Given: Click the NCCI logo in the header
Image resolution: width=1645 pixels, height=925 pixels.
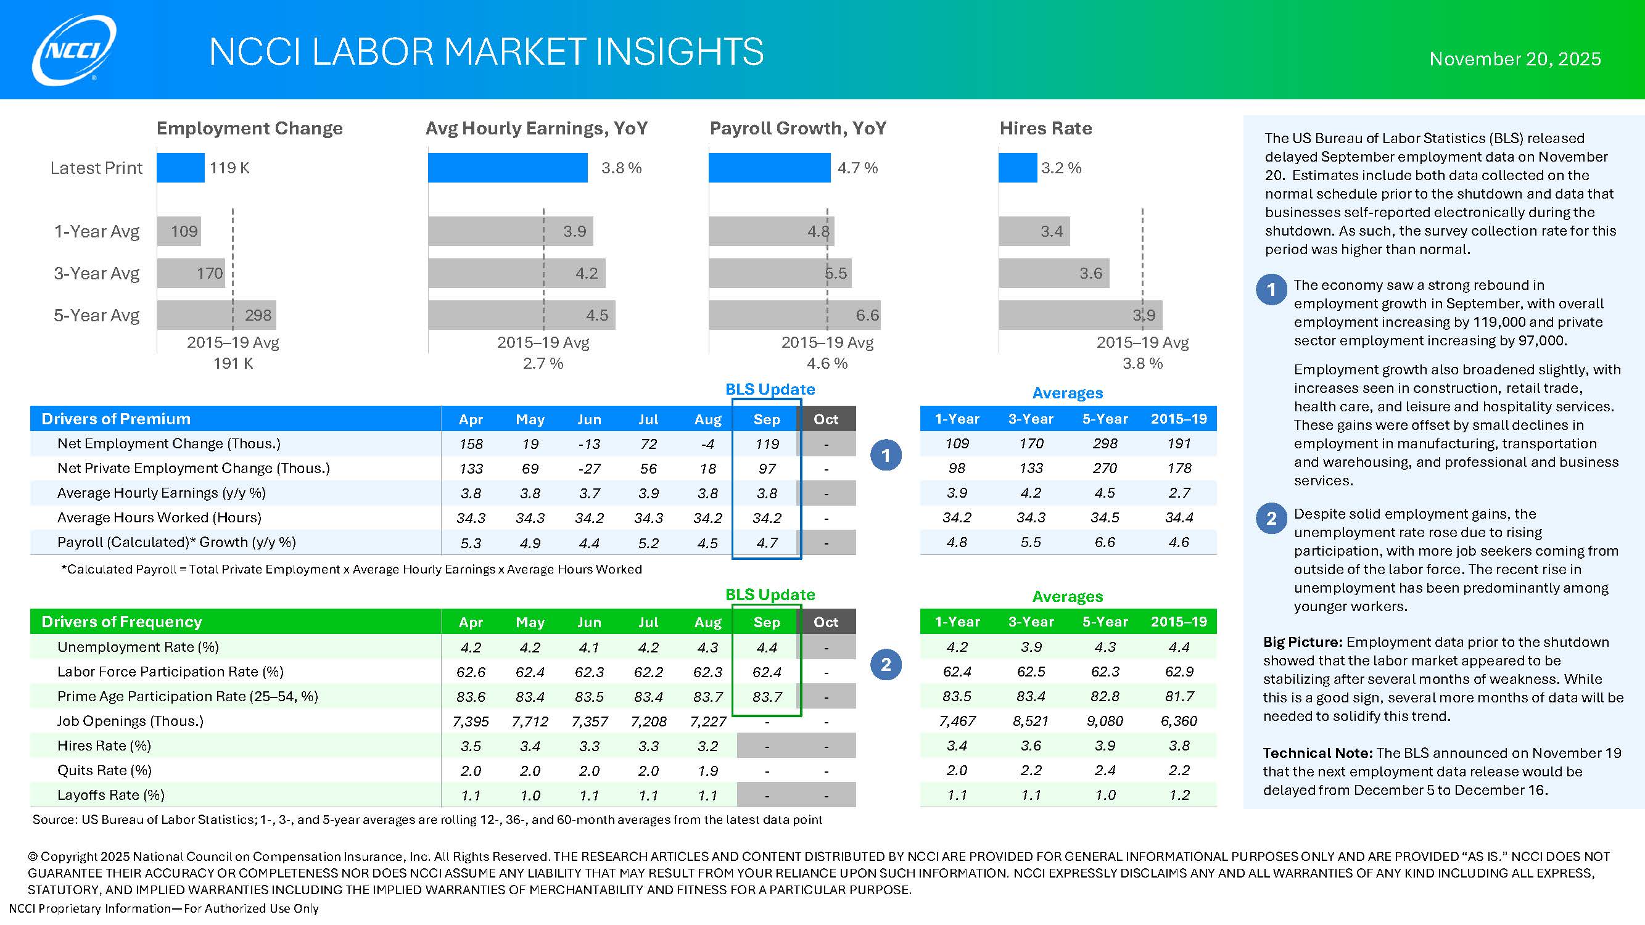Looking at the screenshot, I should [x=74, y=51].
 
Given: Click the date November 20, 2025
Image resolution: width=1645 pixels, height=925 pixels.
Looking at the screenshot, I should [x=1515, y=59].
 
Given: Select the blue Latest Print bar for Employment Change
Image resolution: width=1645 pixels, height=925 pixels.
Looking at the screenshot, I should [x=181, y=168].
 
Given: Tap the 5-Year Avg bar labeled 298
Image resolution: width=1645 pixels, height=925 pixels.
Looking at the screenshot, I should [x=216, y=314].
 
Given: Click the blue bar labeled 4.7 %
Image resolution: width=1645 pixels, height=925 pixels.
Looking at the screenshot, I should [x=770, y=168].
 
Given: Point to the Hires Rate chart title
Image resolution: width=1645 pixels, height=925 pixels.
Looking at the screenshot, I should [x=1045, y=128].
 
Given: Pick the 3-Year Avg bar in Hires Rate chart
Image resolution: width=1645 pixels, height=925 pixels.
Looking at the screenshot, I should [x=1053, y=273].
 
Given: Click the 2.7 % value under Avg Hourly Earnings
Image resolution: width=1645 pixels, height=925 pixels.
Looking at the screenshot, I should [x=543, y=363].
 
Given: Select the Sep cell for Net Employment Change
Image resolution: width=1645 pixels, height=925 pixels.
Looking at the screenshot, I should [x=766, y=443].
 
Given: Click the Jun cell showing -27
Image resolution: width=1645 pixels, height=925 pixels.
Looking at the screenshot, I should [x=589, y=469].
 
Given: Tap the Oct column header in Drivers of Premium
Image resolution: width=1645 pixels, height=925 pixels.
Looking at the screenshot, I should [x=826, y=419].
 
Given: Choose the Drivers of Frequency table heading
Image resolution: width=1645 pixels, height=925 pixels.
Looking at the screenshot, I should [x=122, y=622].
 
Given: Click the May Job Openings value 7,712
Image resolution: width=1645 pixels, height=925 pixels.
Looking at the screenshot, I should [x=530, y=721].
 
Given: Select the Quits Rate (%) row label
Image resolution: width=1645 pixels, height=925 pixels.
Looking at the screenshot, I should [x=105, y=770].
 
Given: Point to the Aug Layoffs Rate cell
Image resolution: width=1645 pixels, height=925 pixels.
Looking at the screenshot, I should [x=707, y=795].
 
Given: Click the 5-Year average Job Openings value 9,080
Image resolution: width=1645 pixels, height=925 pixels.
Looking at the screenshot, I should [x=1105, y=721].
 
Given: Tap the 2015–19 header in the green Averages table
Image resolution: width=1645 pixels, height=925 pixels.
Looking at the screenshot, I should [x=1179, y=622].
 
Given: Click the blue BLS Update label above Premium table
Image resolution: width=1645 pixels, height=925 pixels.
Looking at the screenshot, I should [x=770, y=389].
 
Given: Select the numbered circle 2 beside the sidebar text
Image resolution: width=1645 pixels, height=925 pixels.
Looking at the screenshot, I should [x=1271, y=519].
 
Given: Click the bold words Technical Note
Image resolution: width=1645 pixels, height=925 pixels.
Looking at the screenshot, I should [x=1317, y=754].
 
